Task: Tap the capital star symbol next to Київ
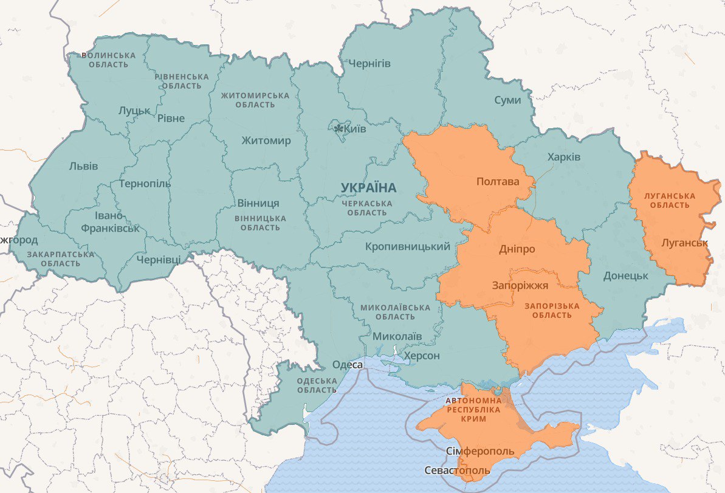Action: click(x=338, y=128)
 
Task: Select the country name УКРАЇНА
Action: click(x=368, y=188)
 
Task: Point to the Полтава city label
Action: click(x=498, y=182)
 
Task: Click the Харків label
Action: click(x=563, y=157)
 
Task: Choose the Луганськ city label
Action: click(x=685, y=243)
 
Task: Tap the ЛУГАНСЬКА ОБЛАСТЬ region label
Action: click(x=670, y=201)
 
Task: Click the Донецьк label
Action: click(x=625, y=276)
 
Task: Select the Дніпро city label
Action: click(x=517, y=249)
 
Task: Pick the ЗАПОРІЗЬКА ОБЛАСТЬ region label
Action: click(x=552, y=311)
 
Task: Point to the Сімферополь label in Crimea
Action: click(x=480, y=452)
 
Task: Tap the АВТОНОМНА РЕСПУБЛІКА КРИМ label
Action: click(x=474, y=410)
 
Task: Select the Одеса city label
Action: click(x=347, y=365)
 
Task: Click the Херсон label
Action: click(x=422, y=356)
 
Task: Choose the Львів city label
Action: click(x=83, y=166)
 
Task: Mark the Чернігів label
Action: click(x=369, y=64)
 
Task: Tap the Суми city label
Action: click(x=507, y=100)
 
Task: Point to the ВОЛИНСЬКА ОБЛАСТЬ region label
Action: click(x=108, y=60)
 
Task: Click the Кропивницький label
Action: click(x=408, y=247)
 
